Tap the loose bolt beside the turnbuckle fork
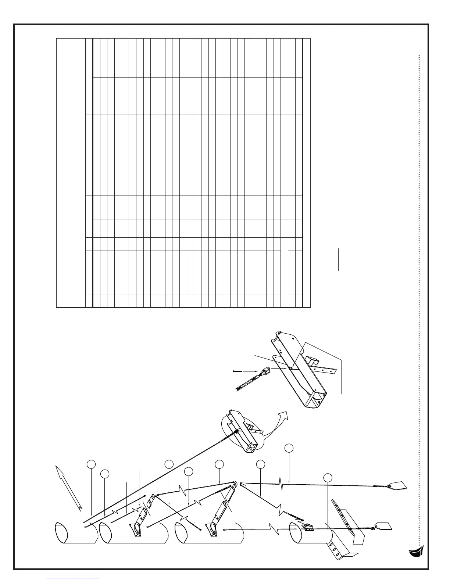[x=237, y=371]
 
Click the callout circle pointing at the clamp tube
[x=328, y=478]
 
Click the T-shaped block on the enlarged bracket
[x=312, y=360]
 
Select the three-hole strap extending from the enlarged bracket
[x=327, y=369]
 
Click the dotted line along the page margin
[x=419, y=294]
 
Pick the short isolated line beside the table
[x=339, y=259]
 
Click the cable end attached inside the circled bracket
[x=235, y=432]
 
